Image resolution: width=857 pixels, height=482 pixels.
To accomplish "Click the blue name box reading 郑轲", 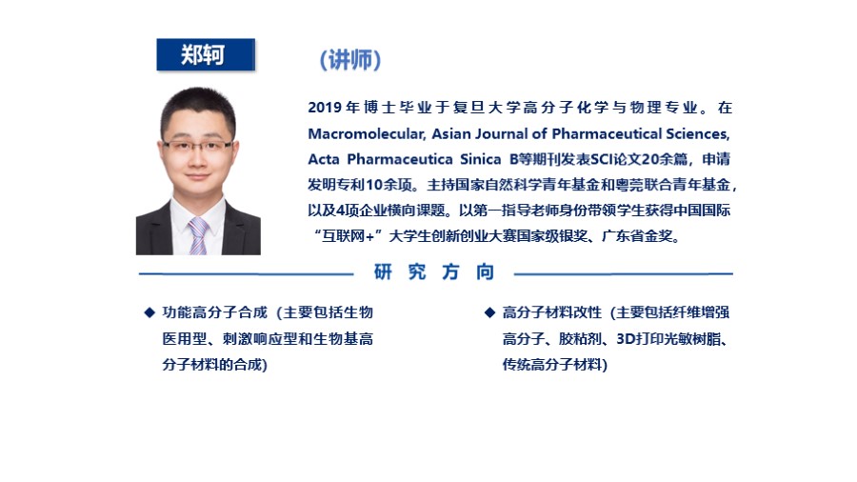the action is point(206,54).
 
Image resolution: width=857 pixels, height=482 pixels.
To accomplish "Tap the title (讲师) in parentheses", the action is point(350,60).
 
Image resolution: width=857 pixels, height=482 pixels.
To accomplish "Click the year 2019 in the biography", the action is point(325,108).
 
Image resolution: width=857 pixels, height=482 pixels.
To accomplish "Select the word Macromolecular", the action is point(367,134).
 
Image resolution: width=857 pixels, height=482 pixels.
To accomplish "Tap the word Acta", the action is point(324,160).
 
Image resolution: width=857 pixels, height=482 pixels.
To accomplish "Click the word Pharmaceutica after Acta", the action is point(400,160).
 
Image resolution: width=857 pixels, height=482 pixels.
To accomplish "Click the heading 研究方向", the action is point(434,271).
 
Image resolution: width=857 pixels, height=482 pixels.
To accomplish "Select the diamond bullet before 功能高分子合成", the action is point(149,312).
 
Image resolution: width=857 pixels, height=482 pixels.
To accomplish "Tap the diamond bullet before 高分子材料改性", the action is point(489,312).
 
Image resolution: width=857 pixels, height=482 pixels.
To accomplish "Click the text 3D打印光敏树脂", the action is point(668,339).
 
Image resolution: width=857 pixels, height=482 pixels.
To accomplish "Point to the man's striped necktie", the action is point(198,236).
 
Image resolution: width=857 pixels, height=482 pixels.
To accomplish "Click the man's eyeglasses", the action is point(197,147).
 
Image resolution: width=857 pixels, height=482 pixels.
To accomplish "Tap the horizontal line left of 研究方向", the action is point(246,273).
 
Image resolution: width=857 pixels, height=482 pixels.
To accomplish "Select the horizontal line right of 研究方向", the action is point(624,273).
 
